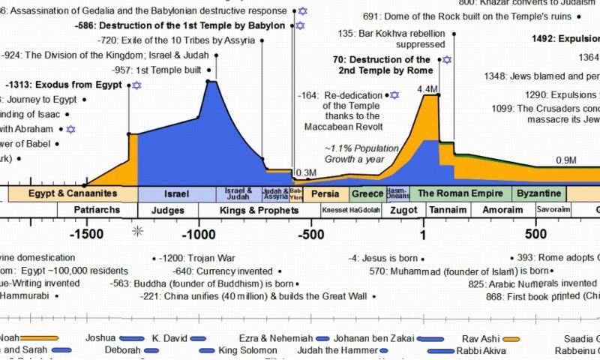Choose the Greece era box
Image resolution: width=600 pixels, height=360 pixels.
pyautogui.click(x=367, y=193)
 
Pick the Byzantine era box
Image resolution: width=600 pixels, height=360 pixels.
pyautogui.click(x=538, y=193)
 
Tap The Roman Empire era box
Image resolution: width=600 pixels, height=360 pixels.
pyautogui.click(x=460, y=193)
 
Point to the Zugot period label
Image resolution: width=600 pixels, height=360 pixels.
pyautogui.click(x=403, y=210)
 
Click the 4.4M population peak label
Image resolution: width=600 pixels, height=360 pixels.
pyautogui.click(x=427, y=90)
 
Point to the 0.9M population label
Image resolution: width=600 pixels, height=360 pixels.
pyautogui.click(x=566, y=160)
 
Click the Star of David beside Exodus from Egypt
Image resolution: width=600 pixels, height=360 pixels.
pyautogui.click(x=136, y=85)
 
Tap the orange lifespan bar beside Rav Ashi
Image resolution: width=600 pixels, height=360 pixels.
pyautogui.click(x=511, y=338)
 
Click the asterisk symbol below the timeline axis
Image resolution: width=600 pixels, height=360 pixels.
pyautogui.click(x=137, y=231)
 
